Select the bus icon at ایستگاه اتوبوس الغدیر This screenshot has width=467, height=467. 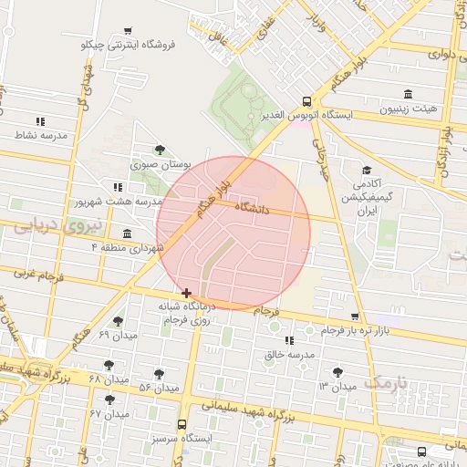306,103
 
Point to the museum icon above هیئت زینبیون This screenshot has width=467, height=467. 407,95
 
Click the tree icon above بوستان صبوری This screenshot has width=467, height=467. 161,150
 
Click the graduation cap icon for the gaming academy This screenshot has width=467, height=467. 367,171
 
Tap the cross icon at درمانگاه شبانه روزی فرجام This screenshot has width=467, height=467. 187,293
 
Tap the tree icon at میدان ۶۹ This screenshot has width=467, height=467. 118,322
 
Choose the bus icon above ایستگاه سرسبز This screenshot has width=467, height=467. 182,424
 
